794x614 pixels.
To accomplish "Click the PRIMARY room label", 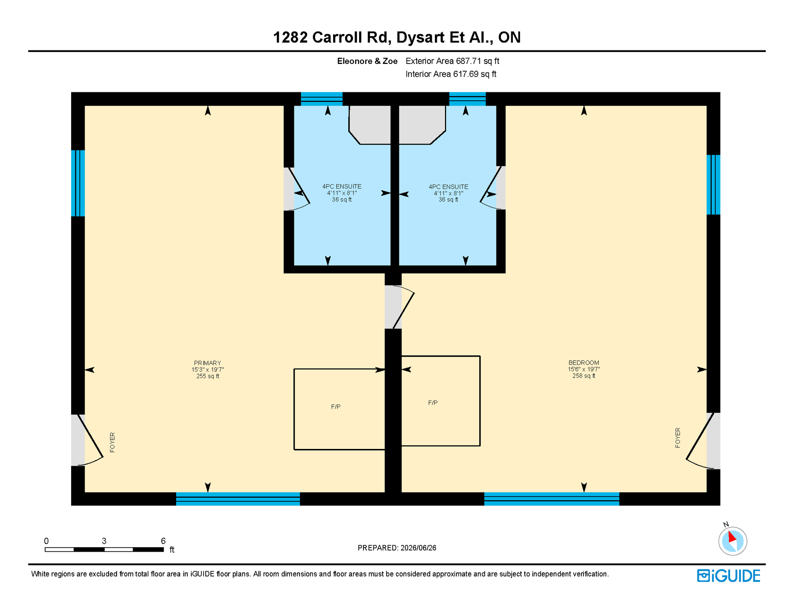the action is [208, 363].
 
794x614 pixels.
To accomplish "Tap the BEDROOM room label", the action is [584, 363].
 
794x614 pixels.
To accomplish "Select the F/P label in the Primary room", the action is [336, 407].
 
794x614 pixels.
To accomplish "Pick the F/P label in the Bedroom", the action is [433, 403].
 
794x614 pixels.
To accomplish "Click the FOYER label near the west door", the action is [112, 442].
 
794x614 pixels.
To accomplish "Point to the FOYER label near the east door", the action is [678, 438].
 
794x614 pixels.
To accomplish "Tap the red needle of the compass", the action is [732, 536].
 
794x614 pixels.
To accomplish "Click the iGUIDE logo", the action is [729, 576].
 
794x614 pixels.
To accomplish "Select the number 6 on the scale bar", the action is [163, 541].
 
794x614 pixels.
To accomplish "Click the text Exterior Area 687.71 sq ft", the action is [453, 61].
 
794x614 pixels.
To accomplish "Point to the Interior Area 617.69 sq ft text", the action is [451, 74].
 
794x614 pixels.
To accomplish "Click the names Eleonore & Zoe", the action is [367, 61].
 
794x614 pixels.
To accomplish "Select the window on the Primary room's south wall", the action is [238, 499].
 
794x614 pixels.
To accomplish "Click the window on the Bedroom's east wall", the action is [713, 185].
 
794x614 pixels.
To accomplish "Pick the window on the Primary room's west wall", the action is [78, 183].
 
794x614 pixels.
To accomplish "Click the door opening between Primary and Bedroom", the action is [393, 307].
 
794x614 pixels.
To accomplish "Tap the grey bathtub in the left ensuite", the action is [370, 125].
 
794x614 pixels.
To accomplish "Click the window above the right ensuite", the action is [467, 99].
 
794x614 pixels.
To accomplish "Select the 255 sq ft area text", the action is [208, 376].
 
